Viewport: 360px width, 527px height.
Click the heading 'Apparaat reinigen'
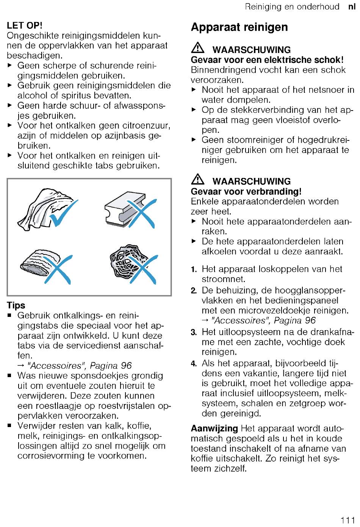pos(239,27)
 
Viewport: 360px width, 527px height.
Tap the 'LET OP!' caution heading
pos(25,26)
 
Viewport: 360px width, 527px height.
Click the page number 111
pos(347,520)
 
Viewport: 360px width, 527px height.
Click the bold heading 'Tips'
pos(16,306)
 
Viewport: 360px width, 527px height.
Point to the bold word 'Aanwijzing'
pos(214,429)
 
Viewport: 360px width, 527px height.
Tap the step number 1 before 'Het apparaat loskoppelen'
pos(194,270)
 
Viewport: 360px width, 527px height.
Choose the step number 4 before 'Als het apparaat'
pos(194,364)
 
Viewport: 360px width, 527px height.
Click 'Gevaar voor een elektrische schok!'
pos(267,60)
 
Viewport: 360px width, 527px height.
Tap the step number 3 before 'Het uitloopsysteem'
pos(194,332)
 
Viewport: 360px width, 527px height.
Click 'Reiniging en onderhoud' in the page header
pos(292,7)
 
